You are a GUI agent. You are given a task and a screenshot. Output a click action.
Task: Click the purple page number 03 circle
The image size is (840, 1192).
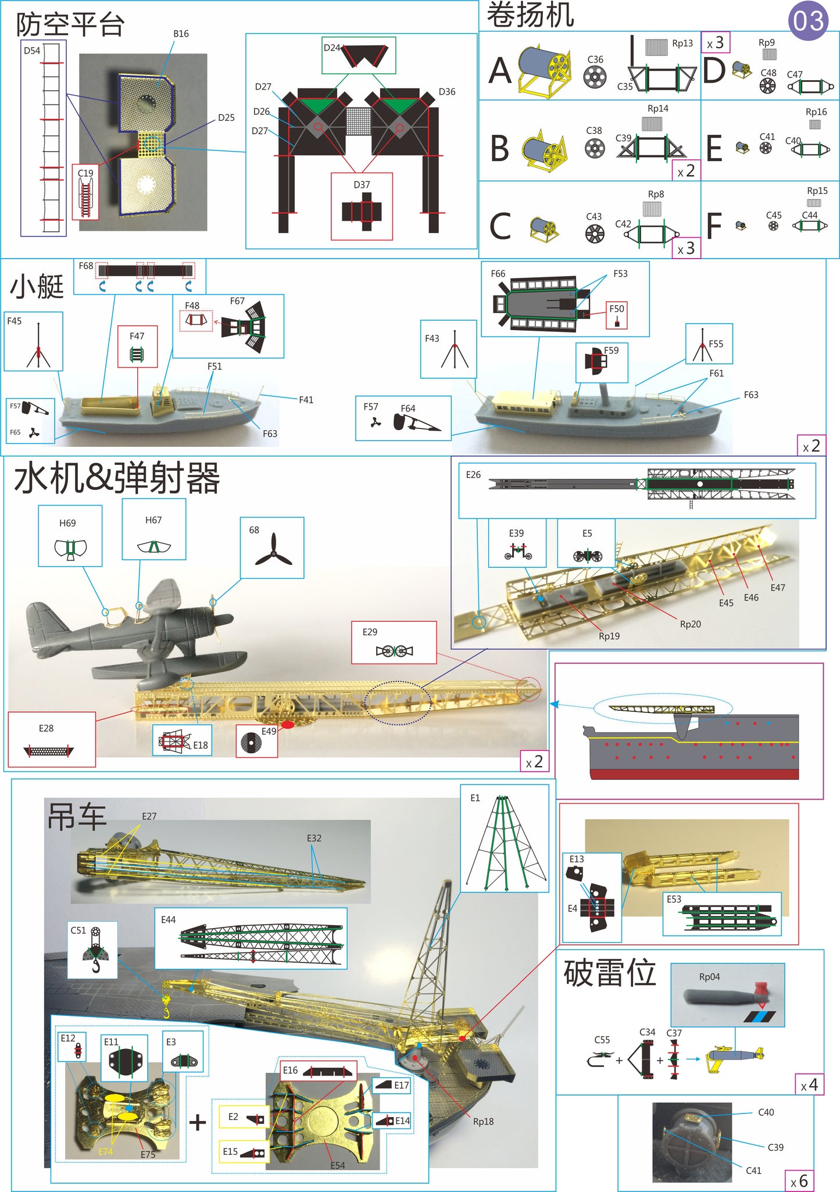point(808,21)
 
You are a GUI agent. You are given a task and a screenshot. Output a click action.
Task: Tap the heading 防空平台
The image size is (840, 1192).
point(70,24)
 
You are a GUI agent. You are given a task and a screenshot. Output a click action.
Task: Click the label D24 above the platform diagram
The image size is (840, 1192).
point(331,48)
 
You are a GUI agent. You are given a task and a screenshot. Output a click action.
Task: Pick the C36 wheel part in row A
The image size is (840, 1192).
point(595,76)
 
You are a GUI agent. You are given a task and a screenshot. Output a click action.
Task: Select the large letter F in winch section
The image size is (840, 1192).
point(714,225)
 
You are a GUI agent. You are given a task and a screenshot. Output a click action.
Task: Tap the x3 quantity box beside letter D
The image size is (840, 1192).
point(715,42)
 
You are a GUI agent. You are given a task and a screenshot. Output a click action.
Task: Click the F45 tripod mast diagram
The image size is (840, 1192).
point(38,347)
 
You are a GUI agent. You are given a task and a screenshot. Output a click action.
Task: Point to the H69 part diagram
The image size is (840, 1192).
point(70,548)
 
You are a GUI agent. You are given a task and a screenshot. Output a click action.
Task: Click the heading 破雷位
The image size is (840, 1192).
point(609,973)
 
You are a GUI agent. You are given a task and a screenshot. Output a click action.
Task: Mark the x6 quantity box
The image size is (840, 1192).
point(799,1180)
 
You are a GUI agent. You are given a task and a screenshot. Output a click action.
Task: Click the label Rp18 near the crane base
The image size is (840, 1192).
point(483,1121)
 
